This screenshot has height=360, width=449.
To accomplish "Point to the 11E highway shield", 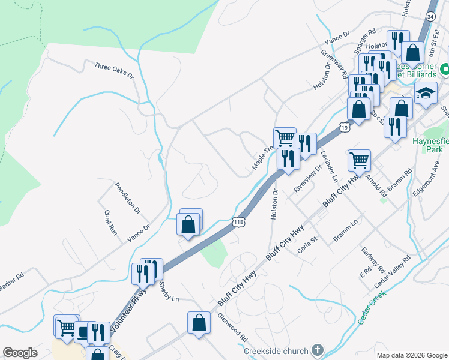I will [x=238, y=222].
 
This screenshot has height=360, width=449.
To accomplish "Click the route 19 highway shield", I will [x=343, y=127].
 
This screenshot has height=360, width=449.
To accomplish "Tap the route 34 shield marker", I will [x=430, y=16].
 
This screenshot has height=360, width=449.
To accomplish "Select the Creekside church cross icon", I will [x=317, y=350].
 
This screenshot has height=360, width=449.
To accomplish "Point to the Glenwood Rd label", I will [x=233, y=327].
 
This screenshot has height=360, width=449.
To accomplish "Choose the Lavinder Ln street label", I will [x=330, y=166].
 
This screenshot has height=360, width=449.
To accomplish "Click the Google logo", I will [x=20, y=353].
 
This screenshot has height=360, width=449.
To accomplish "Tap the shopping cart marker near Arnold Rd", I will [x=359, y=160].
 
